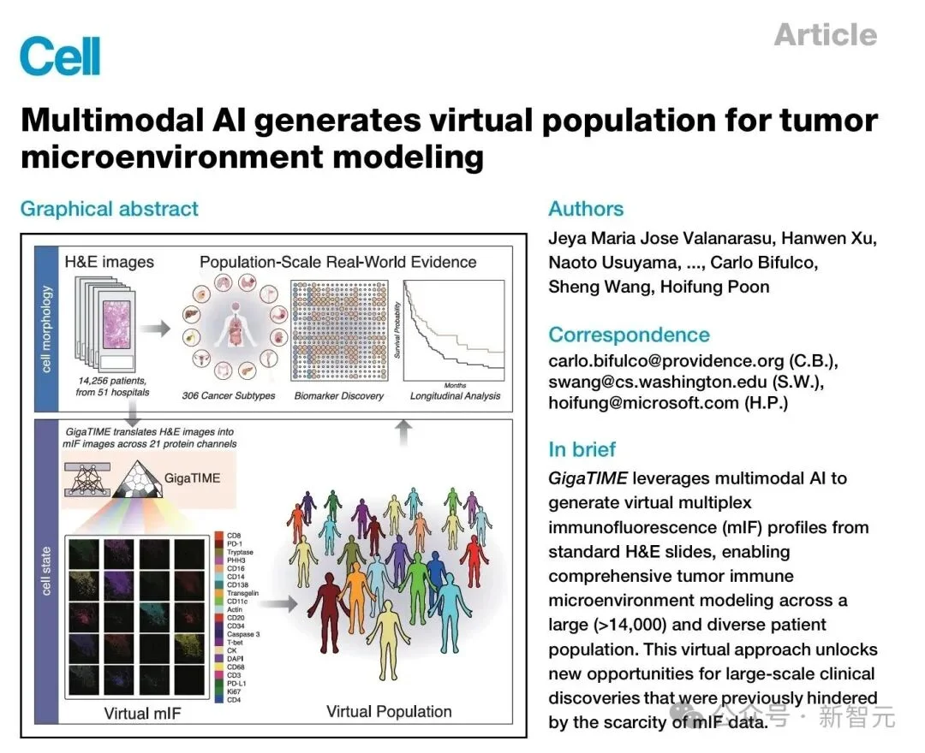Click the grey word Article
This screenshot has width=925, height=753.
pos(825,35)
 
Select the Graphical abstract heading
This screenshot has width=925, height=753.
pos(109,209)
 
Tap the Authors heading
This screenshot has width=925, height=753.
pos(586,209)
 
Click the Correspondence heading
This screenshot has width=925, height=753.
pos(629,335)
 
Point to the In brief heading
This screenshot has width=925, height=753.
pos(582,449)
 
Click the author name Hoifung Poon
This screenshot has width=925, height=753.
pos(714,287)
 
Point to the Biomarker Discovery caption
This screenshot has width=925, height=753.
pos(338,396)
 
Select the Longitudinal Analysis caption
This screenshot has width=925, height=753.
pos(455,396)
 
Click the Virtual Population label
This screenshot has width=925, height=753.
pos(389,711)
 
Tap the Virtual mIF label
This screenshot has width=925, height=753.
pos(142,712)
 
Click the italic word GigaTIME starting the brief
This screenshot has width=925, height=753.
pos(588,478)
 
